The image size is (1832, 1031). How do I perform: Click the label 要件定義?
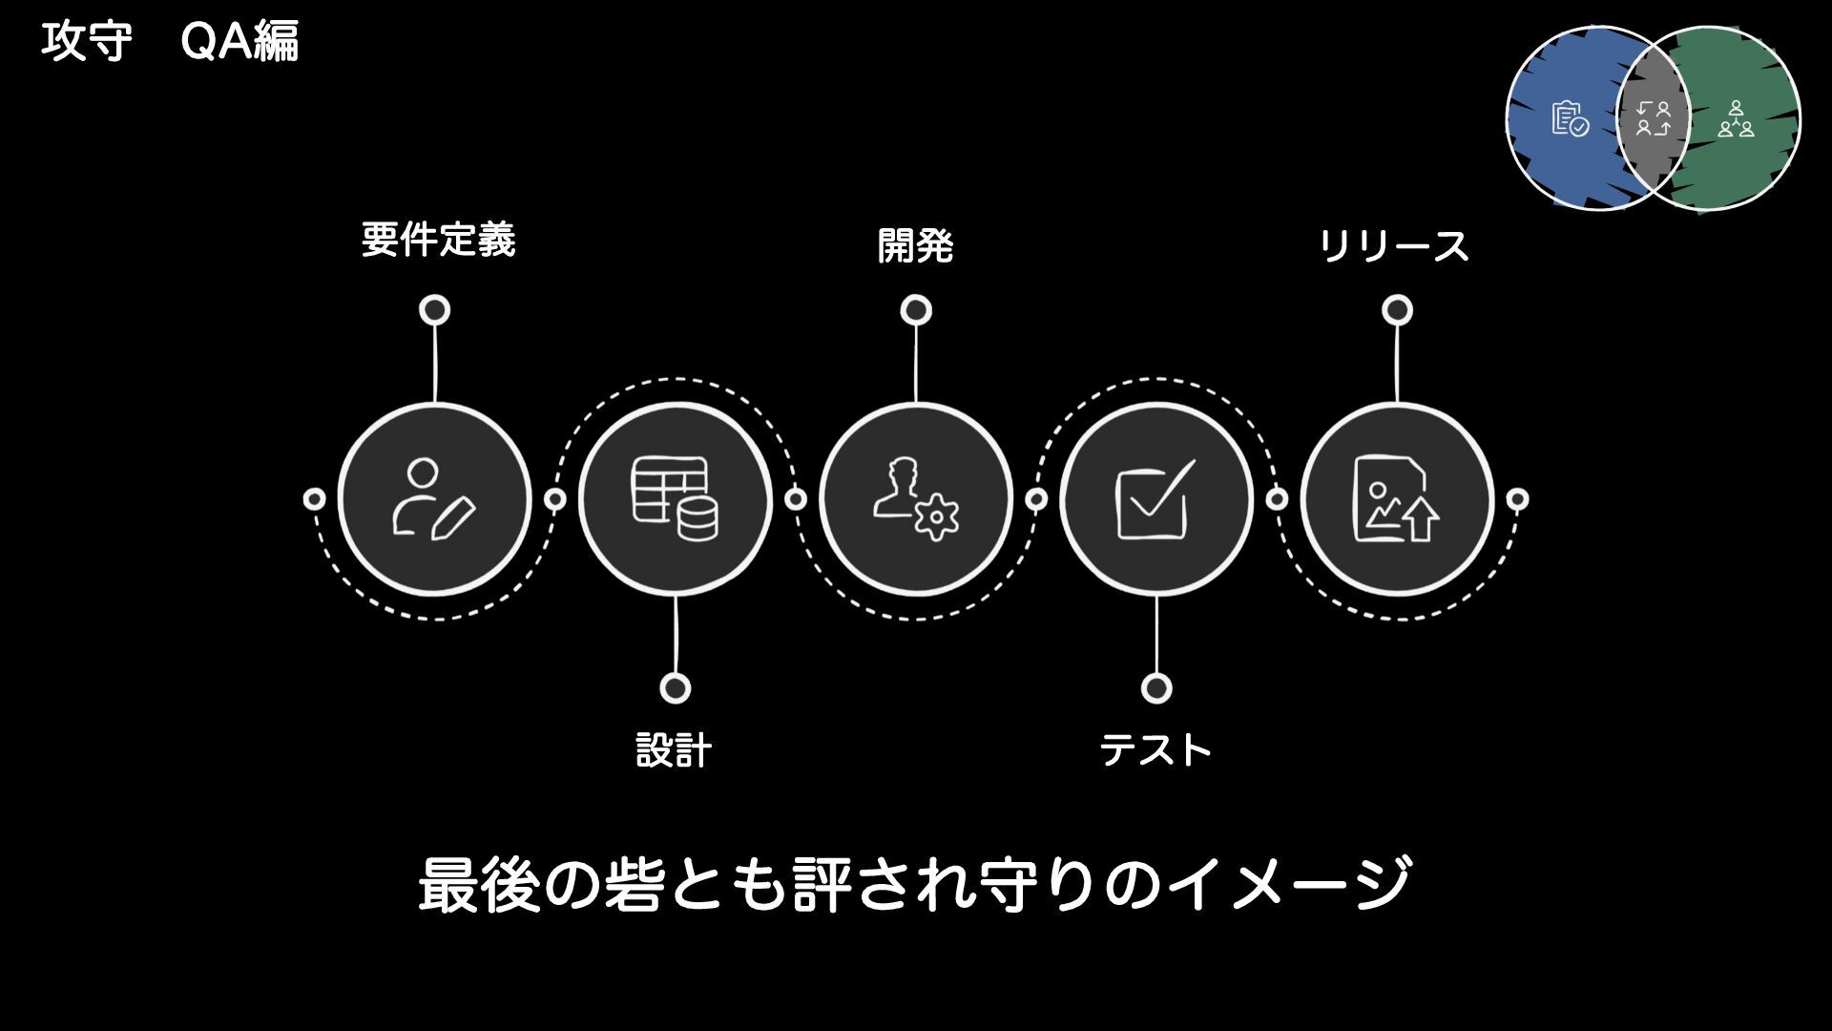438,240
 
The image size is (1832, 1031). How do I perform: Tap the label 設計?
674,750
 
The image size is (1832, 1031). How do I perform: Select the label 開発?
915,246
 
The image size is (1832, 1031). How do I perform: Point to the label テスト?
1155,750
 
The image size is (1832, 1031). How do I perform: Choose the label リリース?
1393,246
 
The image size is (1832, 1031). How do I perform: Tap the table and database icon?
675,499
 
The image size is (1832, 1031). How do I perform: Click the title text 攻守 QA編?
170,42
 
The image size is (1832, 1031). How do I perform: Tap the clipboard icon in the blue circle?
1570,119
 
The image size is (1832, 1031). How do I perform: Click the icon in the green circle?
1736,119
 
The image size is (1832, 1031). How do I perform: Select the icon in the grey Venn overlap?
1654,119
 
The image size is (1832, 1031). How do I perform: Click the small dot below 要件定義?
435,310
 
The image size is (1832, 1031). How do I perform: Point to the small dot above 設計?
675,688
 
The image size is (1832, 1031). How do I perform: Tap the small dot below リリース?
1397,310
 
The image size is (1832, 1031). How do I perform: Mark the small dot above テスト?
1156,688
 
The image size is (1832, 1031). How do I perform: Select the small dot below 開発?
916,310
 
